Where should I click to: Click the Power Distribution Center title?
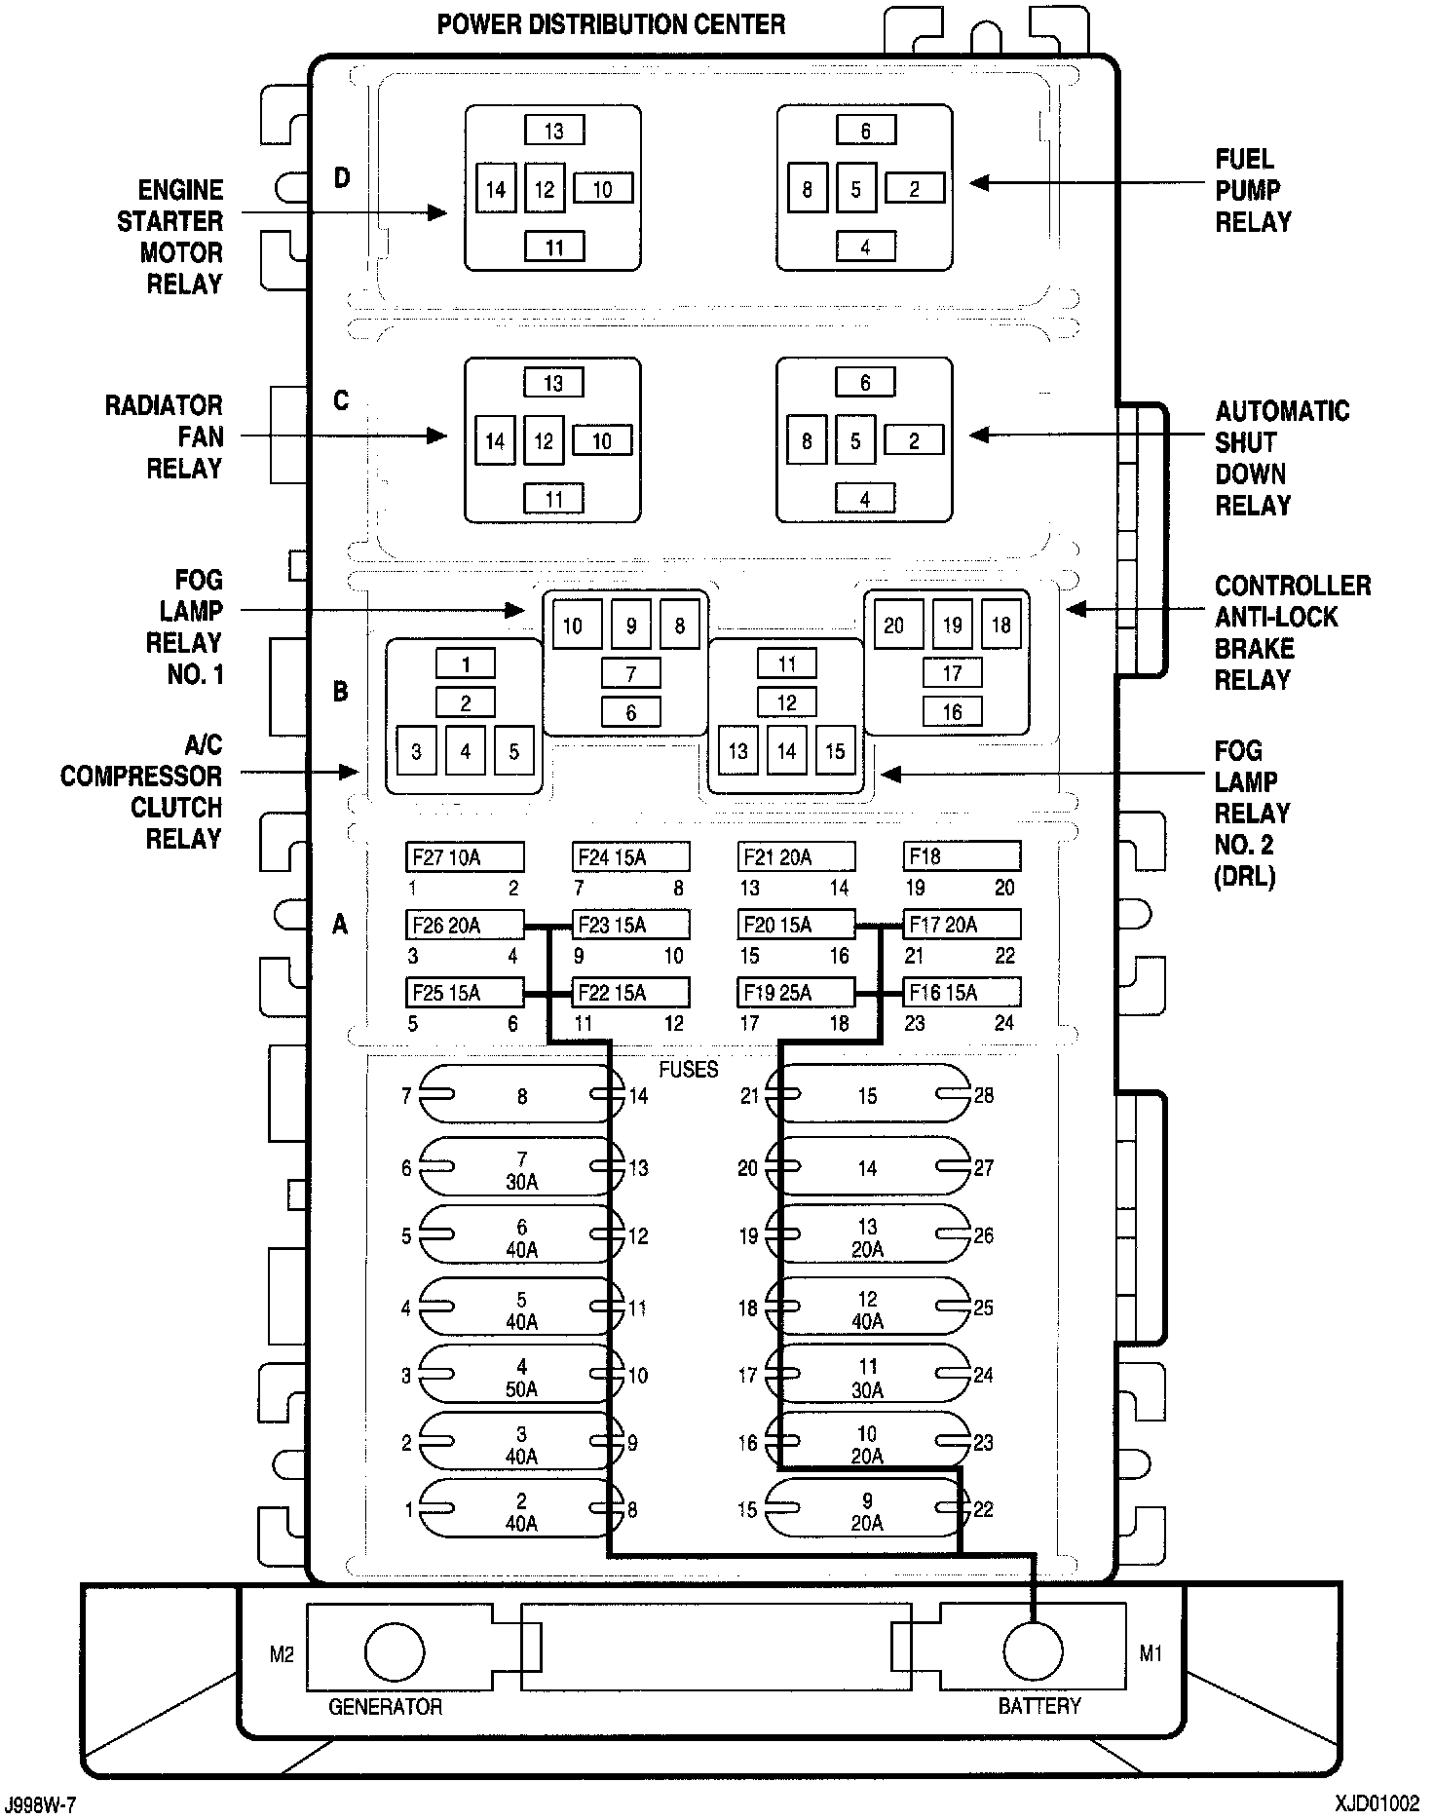click(611, 24)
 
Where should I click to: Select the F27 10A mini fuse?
click(465, 857)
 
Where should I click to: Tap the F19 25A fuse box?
click(796, 993)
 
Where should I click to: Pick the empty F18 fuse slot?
click(962, 857)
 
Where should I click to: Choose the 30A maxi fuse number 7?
click(521, 1169)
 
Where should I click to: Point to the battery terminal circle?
click(1033, 1651)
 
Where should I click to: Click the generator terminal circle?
click(395, 1651)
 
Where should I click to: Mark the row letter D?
click(342, 178)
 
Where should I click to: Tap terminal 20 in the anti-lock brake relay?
click(893, 626)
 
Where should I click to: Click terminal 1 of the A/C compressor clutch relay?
click(466, 664)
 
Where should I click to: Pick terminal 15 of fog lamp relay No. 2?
click(835, 751)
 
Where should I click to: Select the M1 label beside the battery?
click(1151, 1653)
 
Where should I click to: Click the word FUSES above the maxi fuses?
click(688, 1069)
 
